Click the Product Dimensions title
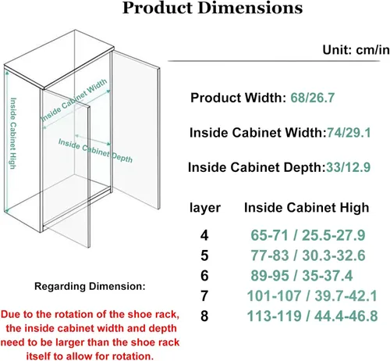[x=212, y=8]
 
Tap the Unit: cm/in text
[x=356, y=49]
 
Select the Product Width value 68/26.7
[x=312, y=98]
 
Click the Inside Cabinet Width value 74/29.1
[x=349, y=133]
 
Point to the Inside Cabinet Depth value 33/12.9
[x=348, y=167]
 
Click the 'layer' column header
[x=205, y=208]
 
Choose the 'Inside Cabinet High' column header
[x=307, y=208]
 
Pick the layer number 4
[x=204, y=235]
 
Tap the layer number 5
[x=204, y=256]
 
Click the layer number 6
[x=204, y=276]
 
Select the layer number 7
[x=204, y=296]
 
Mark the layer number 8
[x=204, y=316]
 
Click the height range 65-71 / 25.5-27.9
[x=308, y=235]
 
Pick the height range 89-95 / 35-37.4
[x=302, y=276]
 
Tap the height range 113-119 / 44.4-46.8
[x=312, y=316]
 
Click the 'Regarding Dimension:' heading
[x=90, y=287]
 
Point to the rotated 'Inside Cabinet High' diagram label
[x=13, y=133]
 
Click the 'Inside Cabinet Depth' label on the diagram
[x=95, y=151]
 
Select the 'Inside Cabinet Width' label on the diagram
[x=74, y=100]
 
